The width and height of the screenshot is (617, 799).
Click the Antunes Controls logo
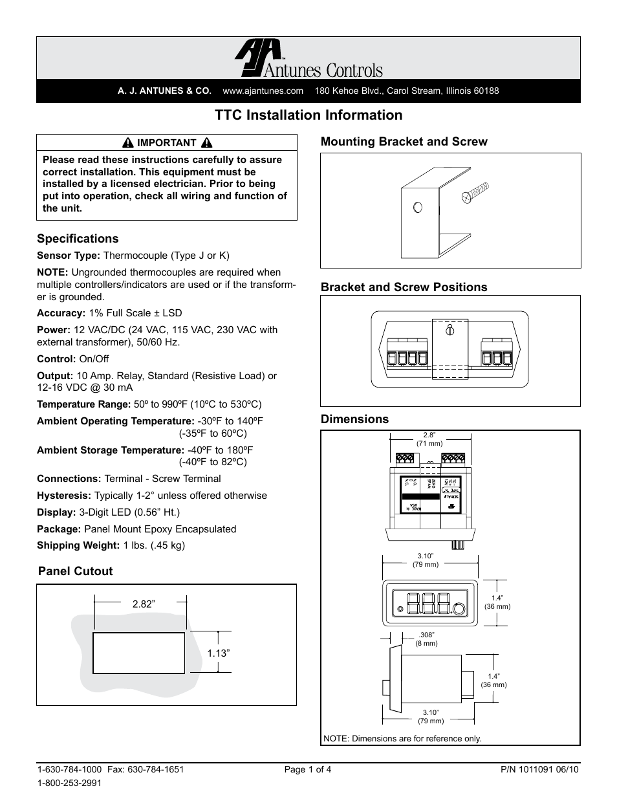tap(308, 60)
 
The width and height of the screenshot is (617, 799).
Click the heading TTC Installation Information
tap(308, 115)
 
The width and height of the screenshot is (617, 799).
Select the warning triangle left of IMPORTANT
tap(129, 143)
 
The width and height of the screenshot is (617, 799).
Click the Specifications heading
tap(78, 239)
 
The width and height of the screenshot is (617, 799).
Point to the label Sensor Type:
tap(69, 256)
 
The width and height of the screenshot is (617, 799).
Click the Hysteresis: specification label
tap(64, 496)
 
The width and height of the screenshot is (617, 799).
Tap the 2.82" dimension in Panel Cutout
tap(144, 604)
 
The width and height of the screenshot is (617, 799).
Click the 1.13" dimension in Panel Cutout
tap(219, 653)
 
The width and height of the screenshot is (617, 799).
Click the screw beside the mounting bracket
tap(475, 193)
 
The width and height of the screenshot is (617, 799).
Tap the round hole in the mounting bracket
tap(417, 207)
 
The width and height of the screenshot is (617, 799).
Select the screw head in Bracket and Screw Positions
tap(448, 331)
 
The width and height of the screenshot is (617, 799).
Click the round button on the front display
tap(459, 609)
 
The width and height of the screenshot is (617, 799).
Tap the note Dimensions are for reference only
tap(402, 738)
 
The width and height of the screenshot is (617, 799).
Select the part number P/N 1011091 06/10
tap(540, 770)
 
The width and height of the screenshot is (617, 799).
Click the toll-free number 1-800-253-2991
tap(69, 782)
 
